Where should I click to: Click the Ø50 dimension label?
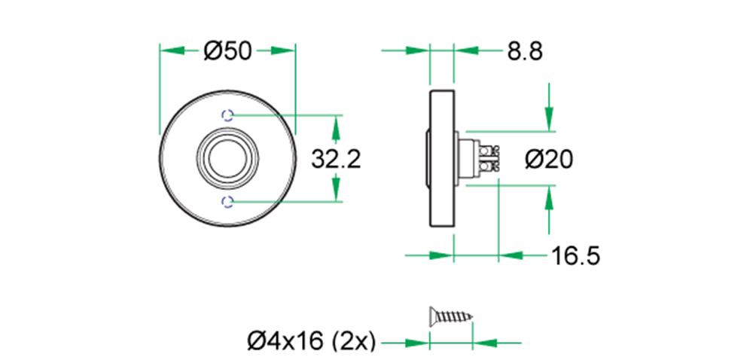click(227, 50)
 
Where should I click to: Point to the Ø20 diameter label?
click(549, 159)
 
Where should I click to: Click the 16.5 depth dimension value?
click(575, 256)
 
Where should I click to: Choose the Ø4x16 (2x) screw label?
click(311, 342)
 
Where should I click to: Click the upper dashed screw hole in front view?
click(228, 115)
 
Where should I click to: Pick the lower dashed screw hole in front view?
click(228, 201)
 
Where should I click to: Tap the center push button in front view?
click(228, 158)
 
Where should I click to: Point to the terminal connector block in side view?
click(486, 158)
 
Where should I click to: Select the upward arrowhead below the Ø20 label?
click(550, 198)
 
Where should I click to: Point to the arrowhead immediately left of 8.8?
click(465, 50)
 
